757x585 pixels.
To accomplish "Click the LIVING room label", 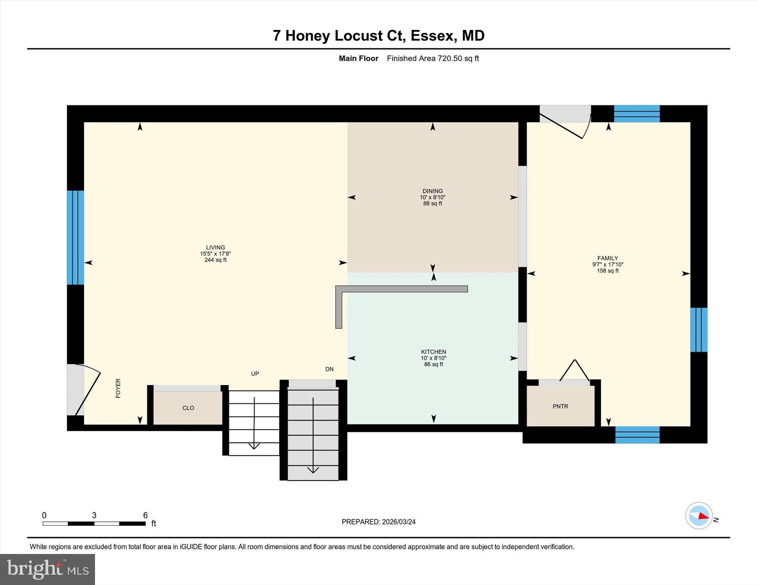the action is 215,248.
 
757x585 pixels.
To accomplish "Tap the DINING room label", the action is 432,191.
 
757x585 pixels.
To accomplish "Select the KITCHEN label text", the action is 434,352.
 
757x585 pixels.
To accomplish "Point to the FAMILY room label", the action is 608,258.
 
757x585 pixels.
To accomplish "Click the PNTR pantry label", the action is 560,406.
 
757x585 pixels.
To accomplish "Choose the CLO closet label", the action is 188,408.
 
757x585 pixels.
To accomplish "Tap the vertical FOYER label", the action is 118,388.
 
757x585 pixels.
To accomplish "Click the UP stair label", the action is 255,374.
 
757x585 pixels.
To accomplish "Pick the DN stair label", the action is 329,369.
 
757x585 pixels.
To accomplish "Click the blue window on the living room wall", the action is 75,238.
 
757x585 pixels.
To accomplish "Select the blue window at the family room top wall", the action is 637,114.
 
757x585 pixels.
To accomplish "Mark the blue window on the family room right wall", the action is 699,330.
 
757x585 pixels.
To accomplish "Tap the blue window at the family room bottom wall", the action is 637,435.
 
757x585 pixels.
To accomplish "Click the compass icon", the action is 699,516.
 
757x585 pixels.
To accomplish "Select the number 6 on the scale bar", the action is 145,515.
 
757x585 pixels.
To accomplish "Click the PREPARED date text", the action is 378,522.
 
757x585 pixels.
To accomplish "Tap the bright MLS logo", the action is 48,569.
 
